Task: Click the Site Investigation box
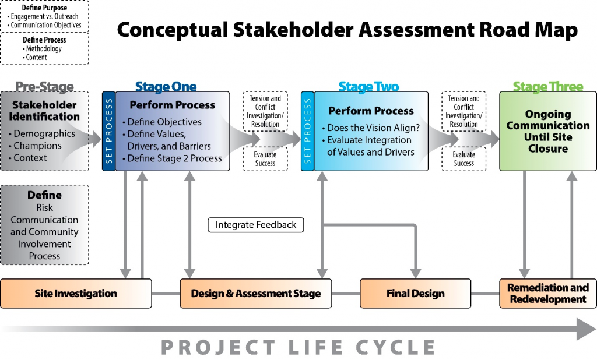pos(76,294)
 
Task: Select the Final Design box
pos(415,294)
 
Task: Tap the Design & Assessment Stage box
pos(256,294)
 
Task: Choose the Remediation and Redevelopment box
pos(548,294)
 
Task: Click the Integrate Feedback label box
pos(256,225)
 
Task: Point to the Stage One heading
pos(166,87)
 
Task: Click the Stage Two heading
pos(369,87)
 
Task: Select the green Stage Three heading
pos(548,87)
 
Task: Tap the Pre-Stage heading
pos(44,87)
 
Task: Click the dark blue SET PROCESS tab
pos(109,131)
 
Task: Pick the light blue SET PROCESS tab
pos(308,131)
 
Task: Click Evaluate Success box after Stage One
pos(265,158)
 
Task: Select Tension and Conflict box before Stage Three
pos(463,111)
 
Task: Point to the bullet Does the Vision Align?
pos(371,128)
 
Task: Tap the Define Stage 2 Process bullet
pos(172,158)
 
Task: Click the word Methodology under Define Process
pos(44,49)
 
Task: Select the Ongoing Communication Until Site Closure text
pos(548,131)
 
